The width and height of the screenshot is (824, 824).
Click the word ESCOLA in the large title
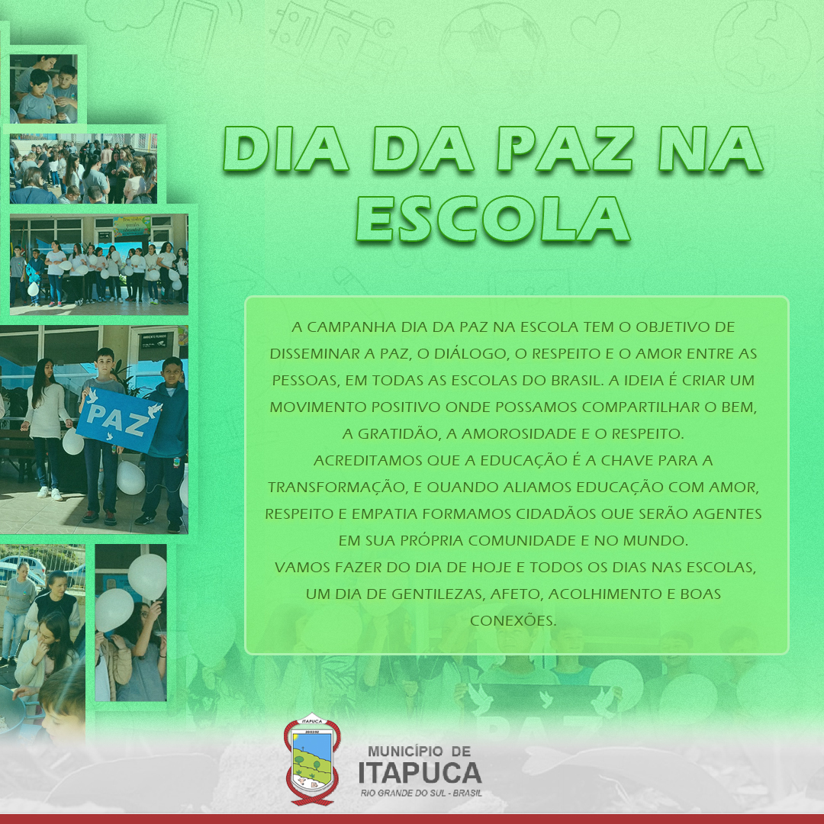493,219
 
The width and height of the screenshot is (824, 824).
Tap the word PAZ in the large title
565,149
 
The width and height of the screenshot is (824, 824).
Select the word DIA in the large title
286,149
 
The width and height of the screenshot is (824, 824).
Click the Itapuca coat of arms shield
312,759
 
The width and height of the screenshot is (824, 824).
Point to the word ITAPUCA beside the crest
420,773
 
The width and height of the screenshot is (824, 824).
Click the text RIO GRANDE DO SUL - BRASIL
421,793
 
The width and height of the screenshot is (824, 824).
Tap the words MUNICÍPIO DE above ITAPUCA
420,751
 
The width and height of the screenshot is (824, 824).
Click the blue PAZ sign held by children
119,420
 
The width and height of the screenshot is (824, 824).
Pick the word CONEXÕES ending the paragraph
513,620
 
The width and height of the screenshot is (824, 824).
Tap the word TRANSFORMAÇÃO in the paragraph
337,488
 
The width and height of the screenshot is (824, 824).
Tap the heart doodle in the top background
595,31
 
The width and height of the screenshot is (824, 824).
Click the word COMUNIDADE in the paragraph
527,541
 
